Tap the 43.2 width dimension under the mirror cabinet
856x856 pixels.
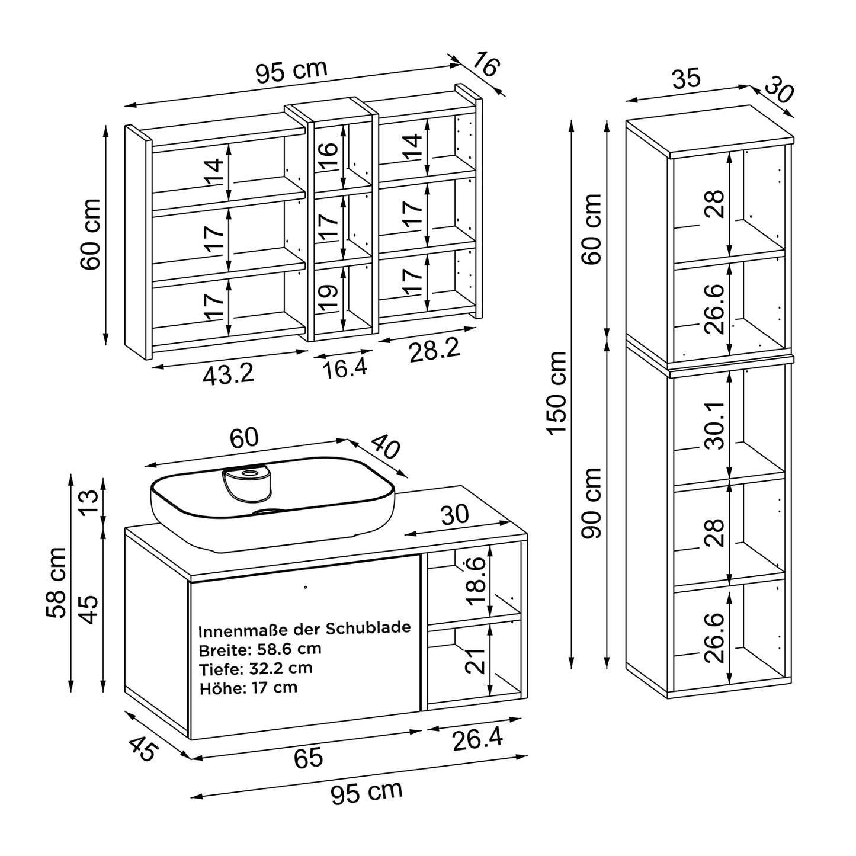[x=228, y=374]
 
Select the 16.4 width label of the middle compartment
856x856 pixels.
[x=345, y=368]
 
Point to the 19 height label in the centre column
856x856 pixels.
[x=328, y=299]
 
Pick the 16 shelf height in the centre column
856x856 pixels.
[x=328, y=156]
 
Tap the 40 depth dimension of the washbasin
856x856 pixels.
[x=386, y=447]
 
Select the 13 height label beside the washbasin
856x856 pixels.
[x=89, y=502]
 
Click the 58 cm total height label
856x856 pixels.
[x=56, y=582]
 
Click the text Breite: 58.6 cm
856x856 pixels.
[x=260, y=649]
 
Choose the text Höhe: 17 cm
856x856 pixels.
[x=248, y=688]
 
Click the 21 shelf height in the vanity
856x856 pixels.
[x=475, y=661]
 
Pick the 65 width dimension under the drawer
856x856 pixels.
[x=308, y=758]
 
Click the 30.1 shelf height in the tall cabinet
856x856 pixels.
[x=715, y=426]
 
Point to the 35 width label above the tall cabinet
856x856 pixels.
[x=687, y=78]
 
